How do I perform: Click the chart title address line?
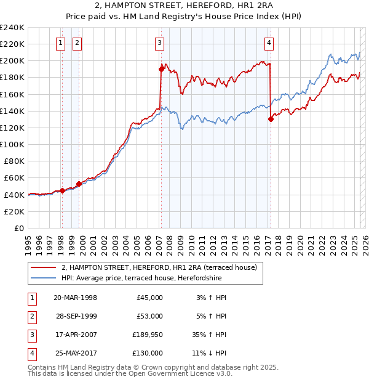point(184,7)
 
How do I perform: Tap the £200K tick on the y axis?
point(12,61)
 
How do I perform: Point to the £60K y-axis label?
point(14,178)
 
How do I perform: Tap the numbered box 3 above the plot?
point(159,43)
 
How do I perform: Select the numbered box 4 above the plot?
point(269,43)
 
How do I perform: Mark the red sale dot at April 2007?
point(161,69)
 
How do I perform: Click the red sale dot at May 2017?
point(271,120)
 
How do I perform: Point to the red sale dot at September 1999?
point(79,184)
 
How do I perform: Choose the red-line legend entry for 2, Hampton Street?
point(162,267)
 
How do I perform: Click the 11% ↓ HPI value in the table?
point(210,353)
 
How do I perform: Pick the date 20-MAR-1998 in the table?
point(76,298)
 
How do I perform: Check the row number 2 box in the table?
point(31,316)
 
